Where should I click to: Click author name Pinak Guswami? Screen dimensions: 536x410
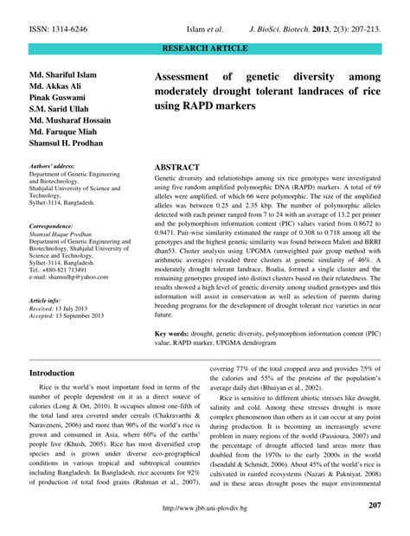(58, 102)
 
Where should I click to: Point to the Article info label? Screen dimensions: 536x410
(49, 298)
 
